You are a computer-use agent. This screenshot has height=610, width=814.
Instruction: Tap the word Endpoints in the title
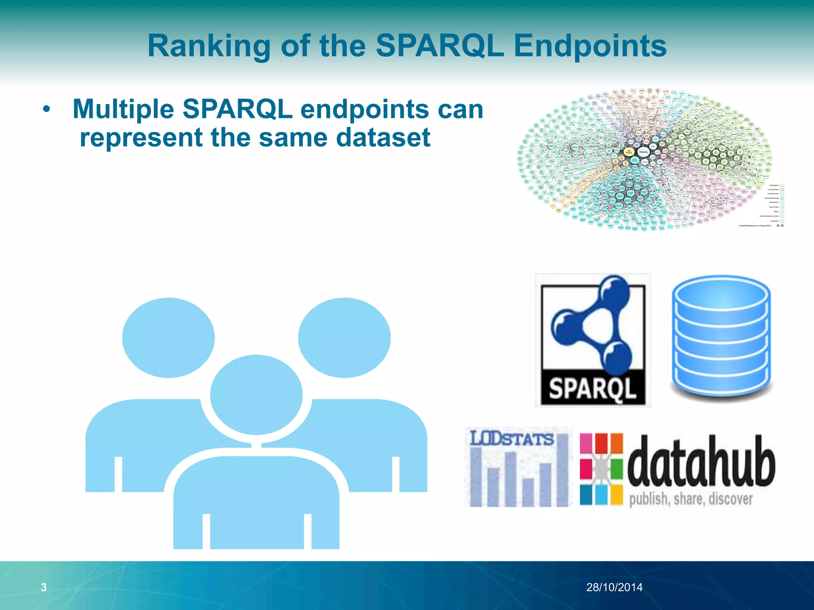point(590,46)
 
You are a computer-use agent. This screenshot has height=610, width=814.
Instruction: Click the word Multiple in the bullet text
point(123,109)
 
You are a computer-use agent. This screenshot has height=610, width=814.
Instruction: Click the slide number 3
point(44,587)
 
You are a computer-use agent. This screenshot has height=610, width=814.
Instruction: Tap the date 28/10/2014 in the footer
point(614,587)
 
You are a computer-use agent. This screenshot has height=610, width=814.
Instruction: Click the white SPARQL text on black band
point(592,388)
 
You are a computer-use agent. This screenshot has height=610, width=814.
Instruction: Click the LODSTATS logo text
point(512,439)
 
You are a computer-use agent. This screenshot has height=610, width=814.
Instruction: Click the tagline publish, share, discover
point(691,499)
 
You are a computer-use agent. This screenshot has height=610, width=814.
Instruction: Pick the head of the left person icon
point(168,338)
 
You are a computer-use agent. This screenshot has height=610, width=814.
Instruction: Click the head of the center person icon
point(256,395)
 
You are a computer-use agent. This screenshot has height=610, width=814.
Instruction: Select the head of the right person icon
point(344,338)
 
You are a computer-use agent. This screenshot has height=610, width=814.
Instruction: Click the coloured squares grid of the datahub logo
point(601,469)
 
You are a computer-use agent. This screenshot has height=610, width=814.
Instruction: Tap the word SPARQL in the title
point(439,46)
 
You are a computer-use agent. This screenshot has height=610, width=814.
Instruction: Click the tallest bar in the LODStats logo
point(562,471)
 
